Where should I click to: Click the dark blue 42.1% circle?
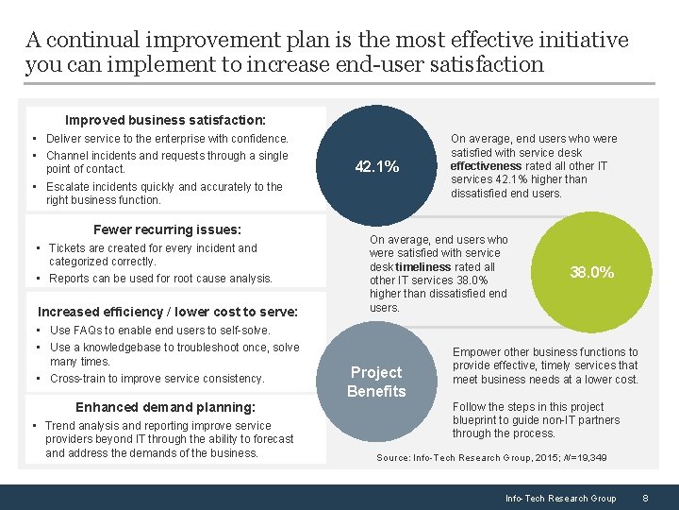[376, 167]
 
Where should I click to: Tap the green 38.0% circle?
[591, 272]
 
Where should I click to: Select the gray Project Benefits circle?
[376, 382]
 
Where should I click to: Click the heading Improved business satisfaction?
[165, 120]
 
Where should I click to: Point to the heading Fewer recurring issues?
[167, 229]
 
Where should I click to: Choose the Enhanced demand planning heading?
[165, 407]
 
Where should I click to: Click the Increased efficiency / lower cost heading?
[167, 312]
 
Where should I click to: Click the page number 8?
[645, 498]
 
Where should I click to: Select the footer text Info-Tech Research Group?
[560, 498]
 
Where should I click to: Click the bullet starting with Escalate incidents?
[163, 193]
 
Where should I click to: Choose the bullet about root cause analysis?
[160, 279]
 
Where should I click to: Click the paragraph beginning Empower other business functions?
[545, 365]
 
